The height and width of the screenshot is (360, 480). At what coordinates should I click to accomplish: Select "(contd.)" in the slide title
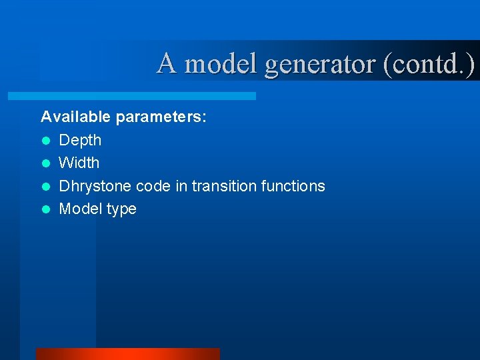[x=429, y=64]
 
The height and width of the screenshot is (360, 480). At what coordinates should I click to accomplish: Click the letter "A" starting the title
[x=167, y=64]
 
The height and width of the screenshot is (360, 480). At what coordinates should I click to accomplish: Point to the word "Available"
[x=76, y=117]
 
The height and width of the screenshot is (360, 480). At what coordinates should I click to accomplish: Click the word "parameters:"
[x=161, y=118]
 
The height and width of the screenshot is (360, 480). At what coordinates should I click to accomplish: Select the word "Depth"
[x=80, y=141]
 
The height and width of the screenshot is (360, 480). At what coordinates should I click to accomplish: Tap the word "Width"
[x=79, y=163]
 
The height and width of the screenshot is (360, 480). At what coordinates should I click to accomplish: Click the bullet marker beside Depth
[x=45, y=141]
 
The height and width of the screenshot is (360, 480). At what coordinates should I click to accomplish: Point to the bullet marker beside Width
[x=45, y=163]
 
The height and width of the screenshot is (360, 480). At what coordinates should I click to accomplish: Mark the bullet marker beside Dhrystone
[x=45, y=186]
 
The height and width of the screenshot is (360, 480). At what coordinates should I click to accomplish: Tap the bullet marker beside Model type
[x=45, y=209]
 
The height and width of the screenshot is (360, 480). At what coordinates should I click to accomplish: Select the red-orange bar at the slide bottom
[x=127, y=354]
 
